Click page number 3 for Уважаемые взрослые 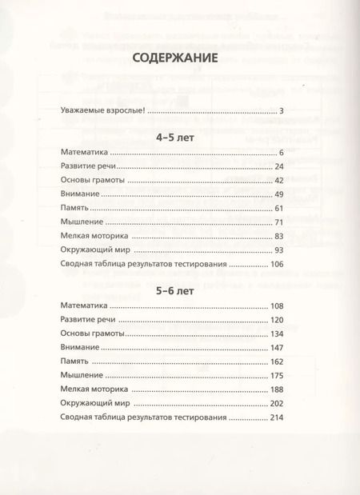pyautogui.click(x=282, y=110)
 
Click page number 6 pyautogui.click(x=282, y=151)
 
